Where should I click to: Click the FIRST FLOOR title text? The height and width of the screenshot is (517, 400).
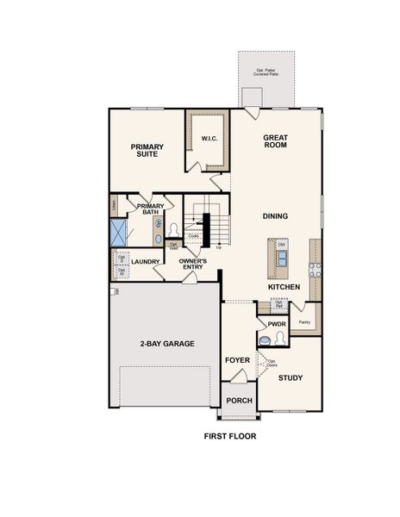(x=229, y=436)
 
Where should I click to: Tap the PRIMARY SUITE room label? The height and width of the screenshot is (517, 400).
(x=147, y=151)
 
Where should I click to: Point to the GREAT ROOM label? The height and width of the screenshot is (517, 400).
(x=275, y=141)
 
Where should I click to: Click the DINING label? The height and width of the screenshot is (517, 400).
(x=275, y=216)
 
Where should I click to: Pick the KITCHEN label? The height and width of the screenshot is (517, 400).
(x=284, y=286)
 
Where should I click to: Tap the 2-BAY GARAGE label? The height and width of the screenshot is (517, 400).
(x=166, y=343)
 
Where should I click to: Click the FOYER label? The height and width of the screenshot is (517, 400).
(x=237, y=360)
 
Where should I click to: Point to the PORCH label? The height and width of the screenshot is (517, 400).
(x=238, y=402)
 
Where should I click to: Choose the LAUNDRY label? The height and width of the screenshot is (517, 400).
(x=145, y=261)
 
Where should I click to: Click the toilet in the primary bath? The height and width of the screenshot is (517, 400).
(x=173, y=230)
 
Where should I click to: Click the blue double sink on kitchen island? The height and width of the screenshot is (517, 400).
(x=282, y=256)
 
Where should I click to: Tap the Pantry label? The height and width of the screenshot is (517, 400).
(x=303, y=322)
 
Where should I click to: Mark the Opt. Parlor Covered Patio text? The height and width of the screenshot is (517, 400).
(x=266, y=72)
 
